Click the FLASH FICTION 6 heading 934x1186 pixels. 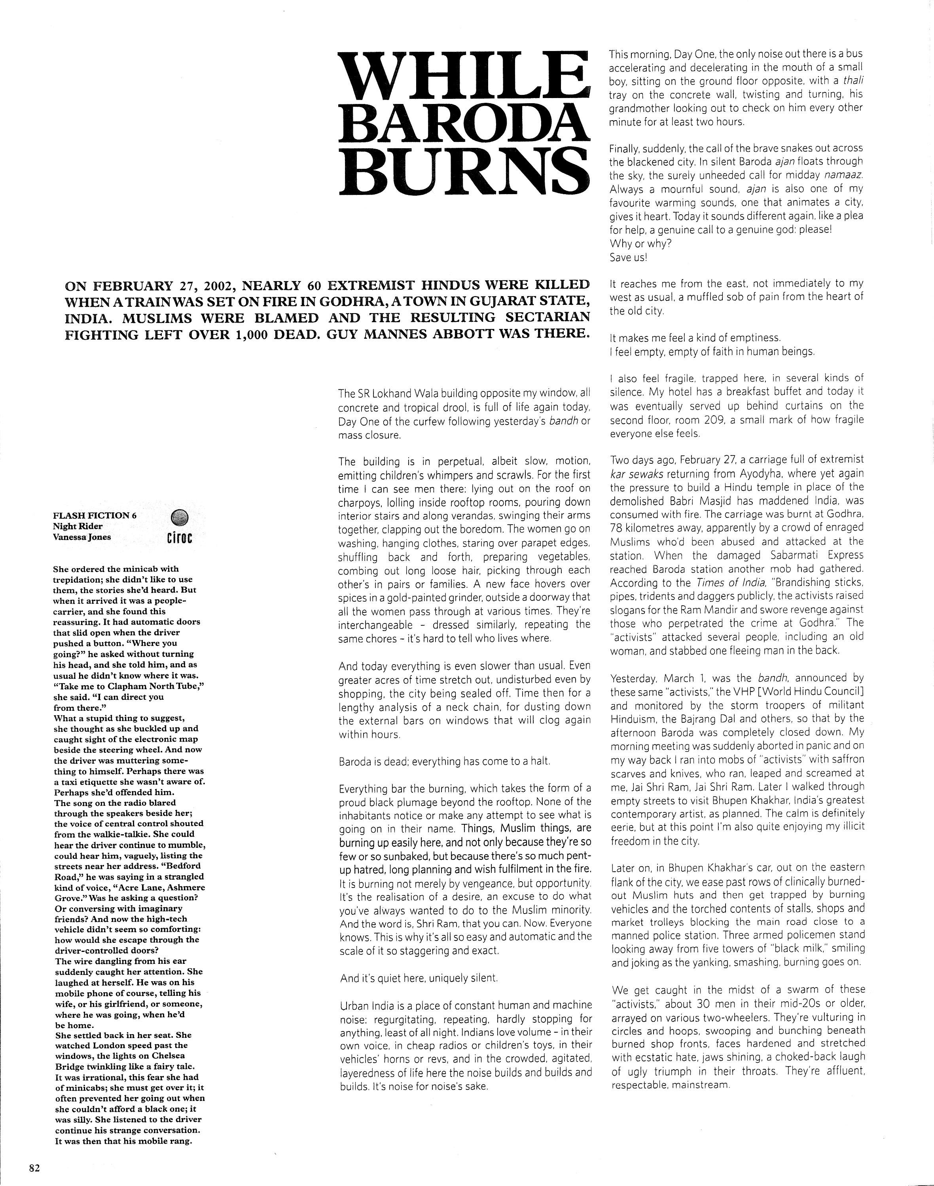(x=95, y=516)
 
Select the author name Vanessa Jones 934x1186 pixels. (x=81, y=537)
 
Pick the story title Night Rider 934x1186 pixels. (x=77, y=526)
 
